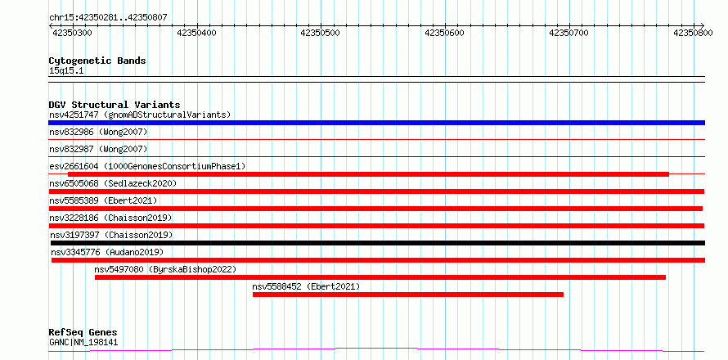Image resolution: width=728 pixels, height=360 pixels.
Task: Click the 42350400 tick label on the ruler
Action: point(197,33)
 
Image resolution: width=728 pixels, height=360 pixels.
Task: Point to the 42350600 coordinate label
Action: point(444,33)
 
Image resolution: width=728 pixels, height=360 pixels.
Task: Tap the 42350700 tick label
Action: point(568,33)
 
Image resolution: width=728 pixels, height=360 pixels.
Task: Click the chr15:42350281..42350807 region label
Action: point(108,18)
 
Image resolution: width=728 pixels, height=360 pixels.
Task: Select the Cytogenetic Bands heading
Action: point(97,61)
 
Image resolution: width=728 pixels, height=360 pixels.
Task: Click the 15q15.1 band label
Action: point(66,71)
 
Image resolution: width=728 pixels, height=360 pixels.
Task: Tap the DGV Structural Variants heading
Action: point(115,105)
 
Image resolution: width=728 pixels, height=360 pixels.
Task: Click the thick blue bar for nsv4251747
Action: point(376,123)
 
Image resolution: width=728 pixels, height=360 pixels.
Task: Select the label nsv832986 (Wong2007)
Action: point(98,133)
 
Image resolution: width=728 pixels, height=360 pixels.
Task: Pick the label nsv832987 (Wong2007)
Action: point(98,150)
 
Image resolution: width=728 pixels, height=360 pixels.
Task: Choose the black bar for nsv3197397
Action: point(378,243)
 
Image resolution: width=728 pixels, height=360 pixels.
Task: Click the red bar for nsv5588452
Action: point(408,295)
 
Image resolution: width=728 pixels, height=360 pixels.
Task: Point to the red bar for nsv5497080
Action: point(380,277)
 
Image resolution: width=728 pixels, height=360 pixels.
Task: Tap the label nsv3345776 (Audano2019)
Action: point(107,252)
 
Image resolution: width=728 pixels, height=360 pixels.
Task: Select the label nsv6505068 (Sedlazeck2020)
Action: point(113,183)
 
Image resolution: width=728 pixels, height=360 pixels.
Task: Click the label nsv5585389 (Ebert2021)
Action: point(103,200)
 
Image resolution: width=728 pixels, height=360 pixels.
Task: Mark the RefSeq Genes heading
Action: point(83,333)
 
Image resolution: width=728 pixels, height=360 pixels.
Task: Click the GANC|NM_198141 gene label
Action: point(83,343)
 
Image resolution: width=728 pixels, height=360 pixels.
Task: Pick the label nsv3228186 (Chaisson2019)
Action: point(110,218)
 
